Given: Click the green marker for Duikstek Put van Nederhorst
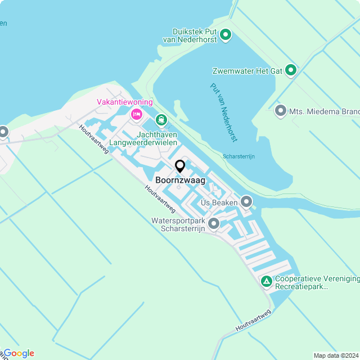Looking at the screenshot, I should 226,35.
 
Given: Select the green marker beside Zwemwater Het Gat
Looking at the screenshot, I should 291,70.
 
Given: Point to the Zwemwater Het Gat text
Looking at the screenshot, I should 246,71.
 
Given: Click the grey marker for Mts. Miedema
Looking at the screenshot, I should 281,111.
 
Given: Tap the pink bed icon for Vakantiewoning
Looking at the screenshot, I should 136,114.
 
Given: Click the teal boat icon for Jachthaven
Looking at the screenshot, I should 161,120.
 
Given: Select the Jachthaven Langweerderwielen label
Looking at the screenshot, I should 147,138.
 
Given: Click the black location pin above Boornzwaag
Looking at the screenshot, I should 180,166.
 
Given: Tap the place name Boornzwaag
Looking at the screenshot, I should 180,181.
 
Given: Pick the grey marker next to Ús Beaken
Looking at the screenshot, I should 246,201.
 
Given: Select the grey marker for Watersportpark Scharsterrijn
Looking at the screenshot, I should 214,224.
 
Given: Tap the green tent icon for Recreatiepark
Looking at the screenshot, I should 266,280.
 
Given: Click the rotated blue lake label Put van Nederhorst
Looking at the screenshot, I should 224,112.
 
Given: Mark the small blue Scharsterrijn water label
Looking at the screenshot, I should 238,156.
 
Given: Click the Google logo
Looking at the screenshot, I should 19,353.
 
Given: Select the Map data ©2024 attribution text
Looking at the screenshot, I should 335,355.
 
